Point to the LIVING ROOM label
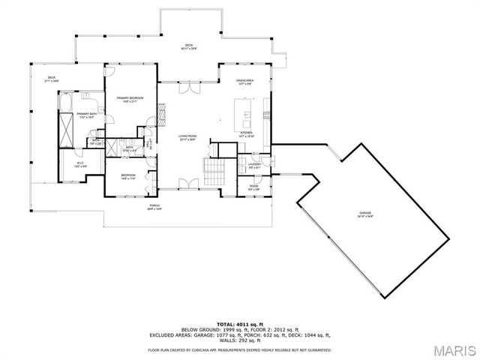click(187, 136)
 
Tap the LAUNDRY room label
click(253, 164)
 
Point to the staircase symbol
click(214, 174)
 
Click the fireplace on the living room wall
click(160, 113)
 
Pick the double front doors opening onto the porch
click(188, 183)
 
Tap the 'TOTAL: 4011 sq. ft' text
click(240, 323)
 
